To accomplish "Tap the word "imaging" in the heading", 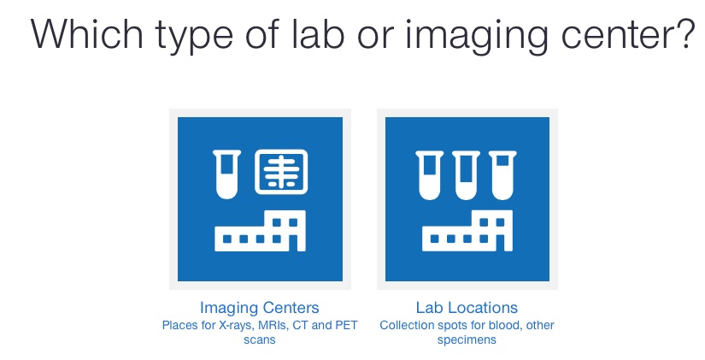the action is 477,37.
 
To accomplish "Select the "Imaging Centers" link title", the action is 260,308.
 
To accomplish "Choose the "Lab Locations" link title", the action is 467,308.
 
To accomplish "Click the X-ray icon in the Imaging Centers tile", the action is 281,172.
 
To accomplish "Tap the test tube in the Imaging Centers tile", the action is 226,174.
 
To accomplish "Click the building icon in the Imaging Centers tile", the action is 260,230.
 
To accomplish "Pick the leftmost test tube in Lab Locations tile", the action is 429,175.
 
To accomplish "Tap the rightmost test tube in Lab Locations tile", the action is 502,175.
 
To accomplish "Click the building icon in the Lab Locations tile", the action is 467,230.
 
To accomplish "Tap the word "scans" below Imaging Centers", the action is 260,339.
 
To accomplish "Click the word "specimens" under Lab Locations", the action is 467,340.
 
